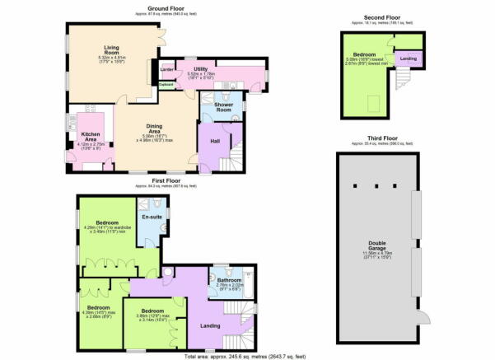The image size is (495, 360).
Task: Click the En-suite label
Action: (149, 217)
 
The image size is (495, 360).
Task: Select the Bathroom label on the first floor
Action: (228, 281)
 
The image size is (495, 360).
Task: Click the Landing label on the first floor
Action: (210, 324)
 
